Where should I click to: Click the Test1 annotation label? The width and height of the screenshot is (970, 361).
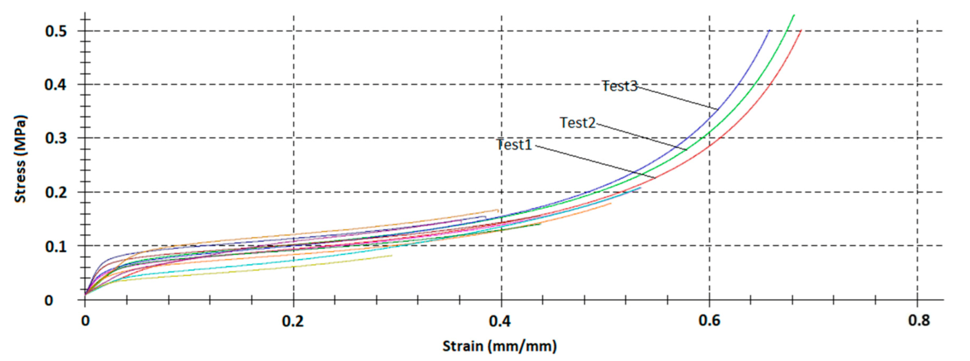[x=515, y=145]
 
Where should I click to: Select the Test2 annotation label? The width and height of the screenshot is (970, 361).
[x=578, y=123]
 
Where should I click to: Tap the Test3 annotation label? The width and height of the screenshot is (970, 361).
[x=620, y=86]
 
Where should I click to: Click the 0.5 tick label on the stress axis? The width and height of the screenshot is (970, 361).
[x=56, y=31]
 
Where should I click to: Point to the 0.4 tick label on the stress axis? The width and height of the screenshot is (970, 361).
[x=56, y=85]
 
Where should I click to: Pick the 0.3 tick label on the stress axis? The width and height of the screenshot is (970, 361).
[x=56, y=138]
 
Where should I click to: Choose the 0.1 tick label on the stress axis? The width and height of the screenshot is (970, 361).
[x=56, y=247]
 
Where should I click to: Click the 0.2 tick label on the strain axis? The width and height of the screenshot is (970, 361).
[x=293, y=321]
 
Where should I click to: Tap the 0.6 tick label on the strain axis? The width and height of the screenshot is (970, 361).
[x=709, y=321]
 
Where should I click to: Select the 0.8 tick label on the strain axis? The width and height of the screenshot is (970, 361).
[x=919, y=321]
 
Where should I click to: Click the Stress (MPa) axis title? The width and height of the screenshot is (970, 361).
[x=20, y=159]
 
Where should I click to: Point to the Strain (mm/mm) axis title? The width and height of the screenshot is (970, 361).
[x=500, y=347]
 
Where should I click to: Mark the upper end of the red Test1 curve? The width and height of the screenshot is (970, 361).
[x=800, y=31]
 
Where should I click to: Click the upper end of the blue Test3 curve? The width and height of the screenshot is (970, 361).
[x=769, y=31]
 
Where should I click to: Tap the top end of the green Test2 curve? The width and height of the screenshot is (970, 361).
[x=794, y=15]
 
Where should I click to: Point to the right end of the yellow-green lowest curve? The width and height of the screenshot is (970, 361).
[x=391, y=255]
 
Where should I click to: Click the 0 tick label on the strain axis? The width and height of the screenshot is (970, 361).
[x=85, y=321]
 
